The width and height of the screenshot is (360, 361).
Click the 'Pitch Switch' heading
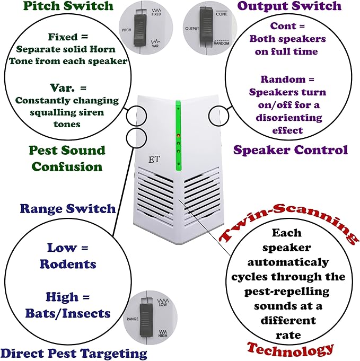(x=68, y=6)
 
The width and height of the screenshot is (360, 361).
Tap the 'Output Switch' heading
(x=289, y=6)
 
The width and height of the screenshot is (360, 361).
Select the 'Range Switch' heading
(x=68, y=208)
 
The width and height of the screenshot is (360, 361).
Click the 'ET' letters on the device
(x=154, y=160)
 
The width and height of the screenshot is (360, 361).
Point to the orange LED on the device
(x=178, y=135)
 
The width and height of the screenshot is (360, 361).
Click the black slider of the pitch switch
(x=140, y=30)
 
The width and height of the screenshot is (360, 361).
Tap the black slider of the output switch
(x=206, y=27)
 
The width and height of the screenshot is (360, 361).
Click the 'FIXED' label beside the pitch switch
(x=156, y=14)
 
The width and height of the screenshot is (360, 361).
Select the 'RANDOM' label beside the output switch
(x=222, y=43)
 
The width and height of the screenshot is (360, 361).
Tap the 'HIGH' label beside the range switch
(x=163, y=336)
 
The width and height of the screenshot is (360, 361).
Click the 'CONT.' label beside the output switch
(x=222, y=14)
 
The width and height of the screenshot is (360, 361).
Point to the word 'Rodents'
(x=68, y=264)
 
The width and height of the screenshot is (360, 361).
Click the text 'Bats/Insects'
(x=68, y=314)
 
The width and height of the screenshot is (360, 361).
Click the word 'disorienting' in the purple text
(x=289, y=118)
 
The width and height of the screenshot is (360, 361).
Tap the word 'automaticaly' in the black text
(x=288, y=262)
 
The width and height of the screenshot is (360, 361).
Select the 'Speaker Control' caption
(x=291, y=150)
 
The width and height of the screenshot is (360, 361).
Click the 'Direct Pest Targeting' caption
(x=74, y=354)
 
